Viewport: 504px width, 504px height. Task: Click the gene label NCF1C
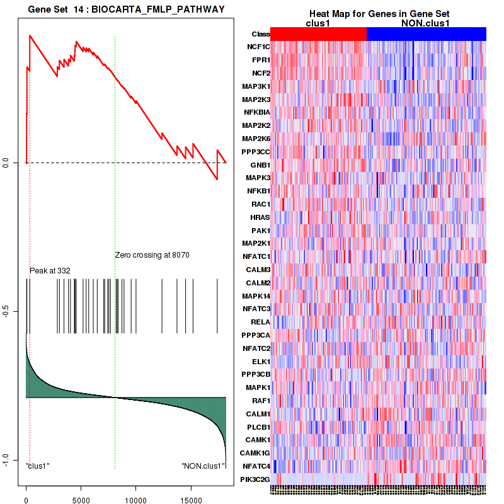click(x=258, y=47)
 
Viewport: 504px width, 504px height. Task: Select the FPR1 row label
click(x=260, y=60)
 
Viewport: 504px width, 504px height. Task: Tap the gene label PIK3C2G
click(x=255, y=479)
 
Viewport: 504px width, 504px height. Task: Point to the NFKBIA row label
click(x=257, y=112)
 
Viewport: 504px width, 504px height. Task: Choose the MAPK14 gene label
click(x=257, y=295)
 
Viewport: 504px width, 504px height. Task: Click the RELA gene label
click(x=260, y=322)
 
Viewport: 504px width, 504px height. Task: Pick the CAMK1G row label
click(x=256, y=453)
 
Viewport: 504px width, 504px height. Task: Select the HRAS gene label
click(x=260, y=217)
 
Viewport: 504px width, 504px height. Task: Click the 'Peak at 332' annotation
click(x=50, y=271)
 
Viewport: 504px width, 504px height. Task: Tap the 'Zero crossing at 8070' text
click(x=152, y=255)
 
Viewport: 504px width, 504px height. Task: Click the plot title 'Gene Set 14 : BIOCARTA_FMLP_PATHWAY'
click(x=126, y=8)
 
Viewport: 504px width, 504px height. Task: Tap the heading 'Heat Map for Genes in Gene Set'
click(x=379, y=14)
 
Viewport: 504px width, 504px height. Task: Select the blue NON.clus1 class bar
click(x=426, y=34)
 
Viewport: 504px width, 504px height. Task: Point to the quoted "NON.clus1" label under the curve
click(x=203, y=466)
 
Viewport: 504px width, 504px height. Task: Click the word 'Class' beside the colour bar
click(x=261, y=34)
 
